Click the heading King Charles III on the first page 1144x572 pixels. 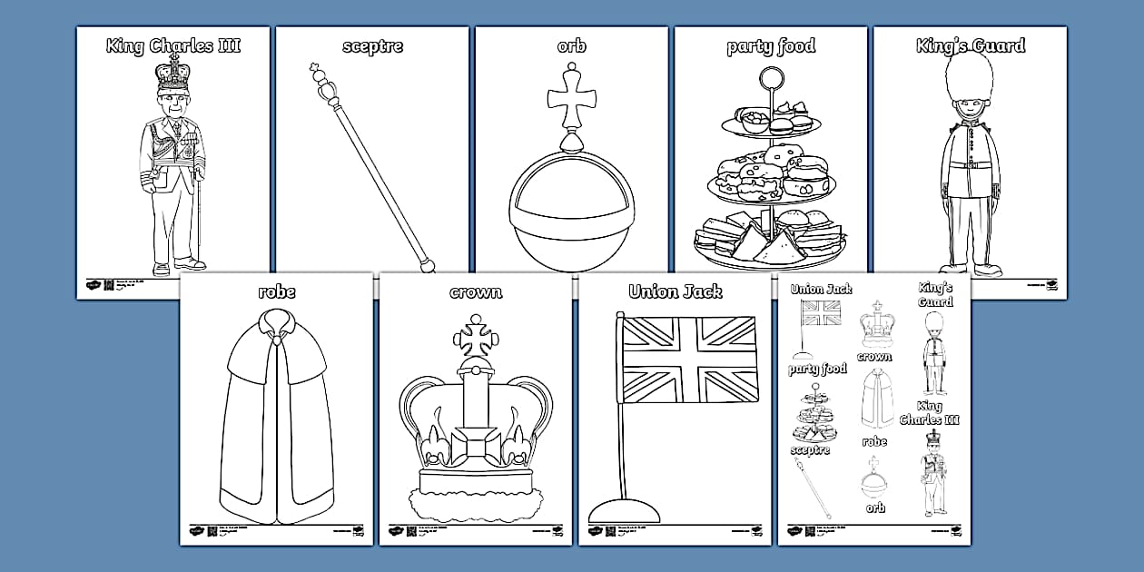173,45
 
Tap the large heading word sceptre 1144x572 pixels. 372,45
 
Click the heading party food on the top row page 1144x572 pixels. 771,46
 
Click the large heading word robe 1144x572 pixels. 276,292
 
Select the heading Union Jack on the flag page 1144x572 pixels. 676,292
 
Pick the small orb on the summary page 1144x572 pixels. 875,480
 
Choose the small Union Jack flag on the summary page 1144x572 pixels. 821,313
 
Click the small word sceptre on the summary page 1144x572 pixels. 810,450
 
